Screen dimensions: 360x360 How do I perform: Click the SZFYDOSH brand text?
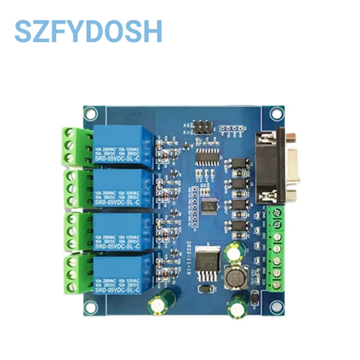coord(88,31)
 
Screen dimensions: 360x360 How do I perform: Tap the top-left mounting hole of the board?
coord(90,112)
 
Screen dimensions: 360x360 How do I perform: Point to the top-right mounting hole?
coord(277,112)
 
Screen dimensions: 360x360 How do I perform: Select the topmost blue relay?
coord(123,146)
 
